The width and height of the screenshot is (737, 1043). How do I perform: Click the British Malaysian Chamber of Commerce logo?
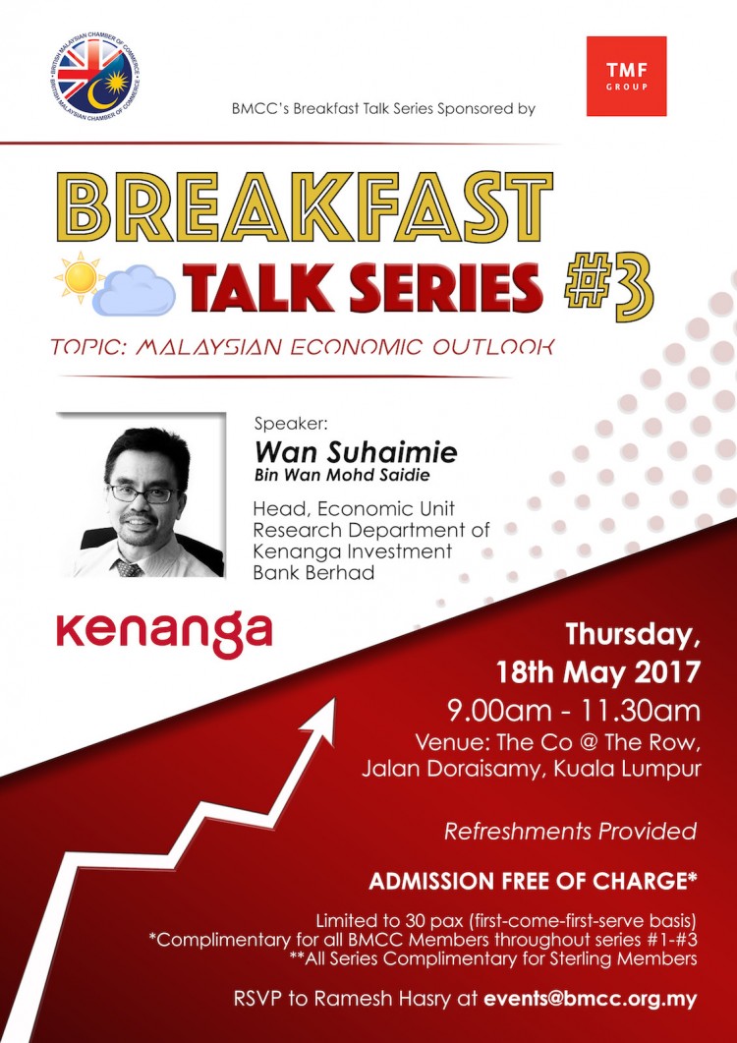click(x=95, y=75)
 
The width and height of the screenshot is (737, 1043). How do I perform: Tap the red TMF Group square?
click(x=626, y=76)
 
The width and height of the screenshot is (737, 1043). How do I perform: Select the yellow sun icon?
click(x=80, y=275)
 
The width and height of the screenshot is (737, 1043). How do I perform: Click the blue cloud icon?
click(x=134, y=293)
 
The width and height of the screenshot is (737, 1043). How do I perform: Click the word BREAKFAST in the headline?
click(x=312, y=206)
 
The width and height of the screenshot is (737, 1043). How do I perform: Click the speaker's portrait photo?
click(x=142, y=494)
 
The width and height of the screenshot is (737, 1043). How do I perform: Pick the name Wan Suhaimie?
click(x=356, y=453)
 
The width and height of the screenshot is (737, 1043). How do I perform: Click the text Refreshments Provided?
click(x=571, y=832)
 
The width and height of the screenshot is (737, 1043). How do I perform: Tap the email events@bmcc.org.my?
click(x=591, y=999)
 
